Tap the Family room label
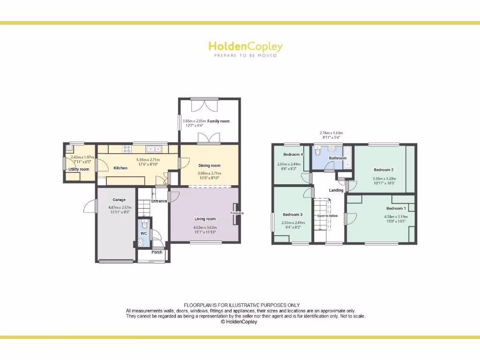[218, 121]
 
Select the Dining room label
[209, 165]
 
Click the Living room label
[205, 219]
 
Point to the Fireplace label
[237, 213]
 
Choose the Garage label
[119, 200]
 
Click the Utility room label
[79, 169]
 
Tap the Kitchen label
[120, 168]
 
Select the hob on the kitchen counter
[127, 149]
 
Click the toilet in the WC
[144, 223]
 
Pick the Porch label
[157, 252]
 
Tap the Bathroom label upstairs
[337, 158]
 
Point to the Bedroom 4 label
[293, 155]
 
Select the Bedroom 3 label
[292, 215]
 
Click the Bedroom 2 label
[383, 170]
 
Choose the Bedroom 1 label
[396, 208]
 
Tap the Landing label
[336, 190]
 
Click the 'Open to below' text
[327, 216]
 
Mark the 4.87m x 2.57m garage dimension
[120, 208]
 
